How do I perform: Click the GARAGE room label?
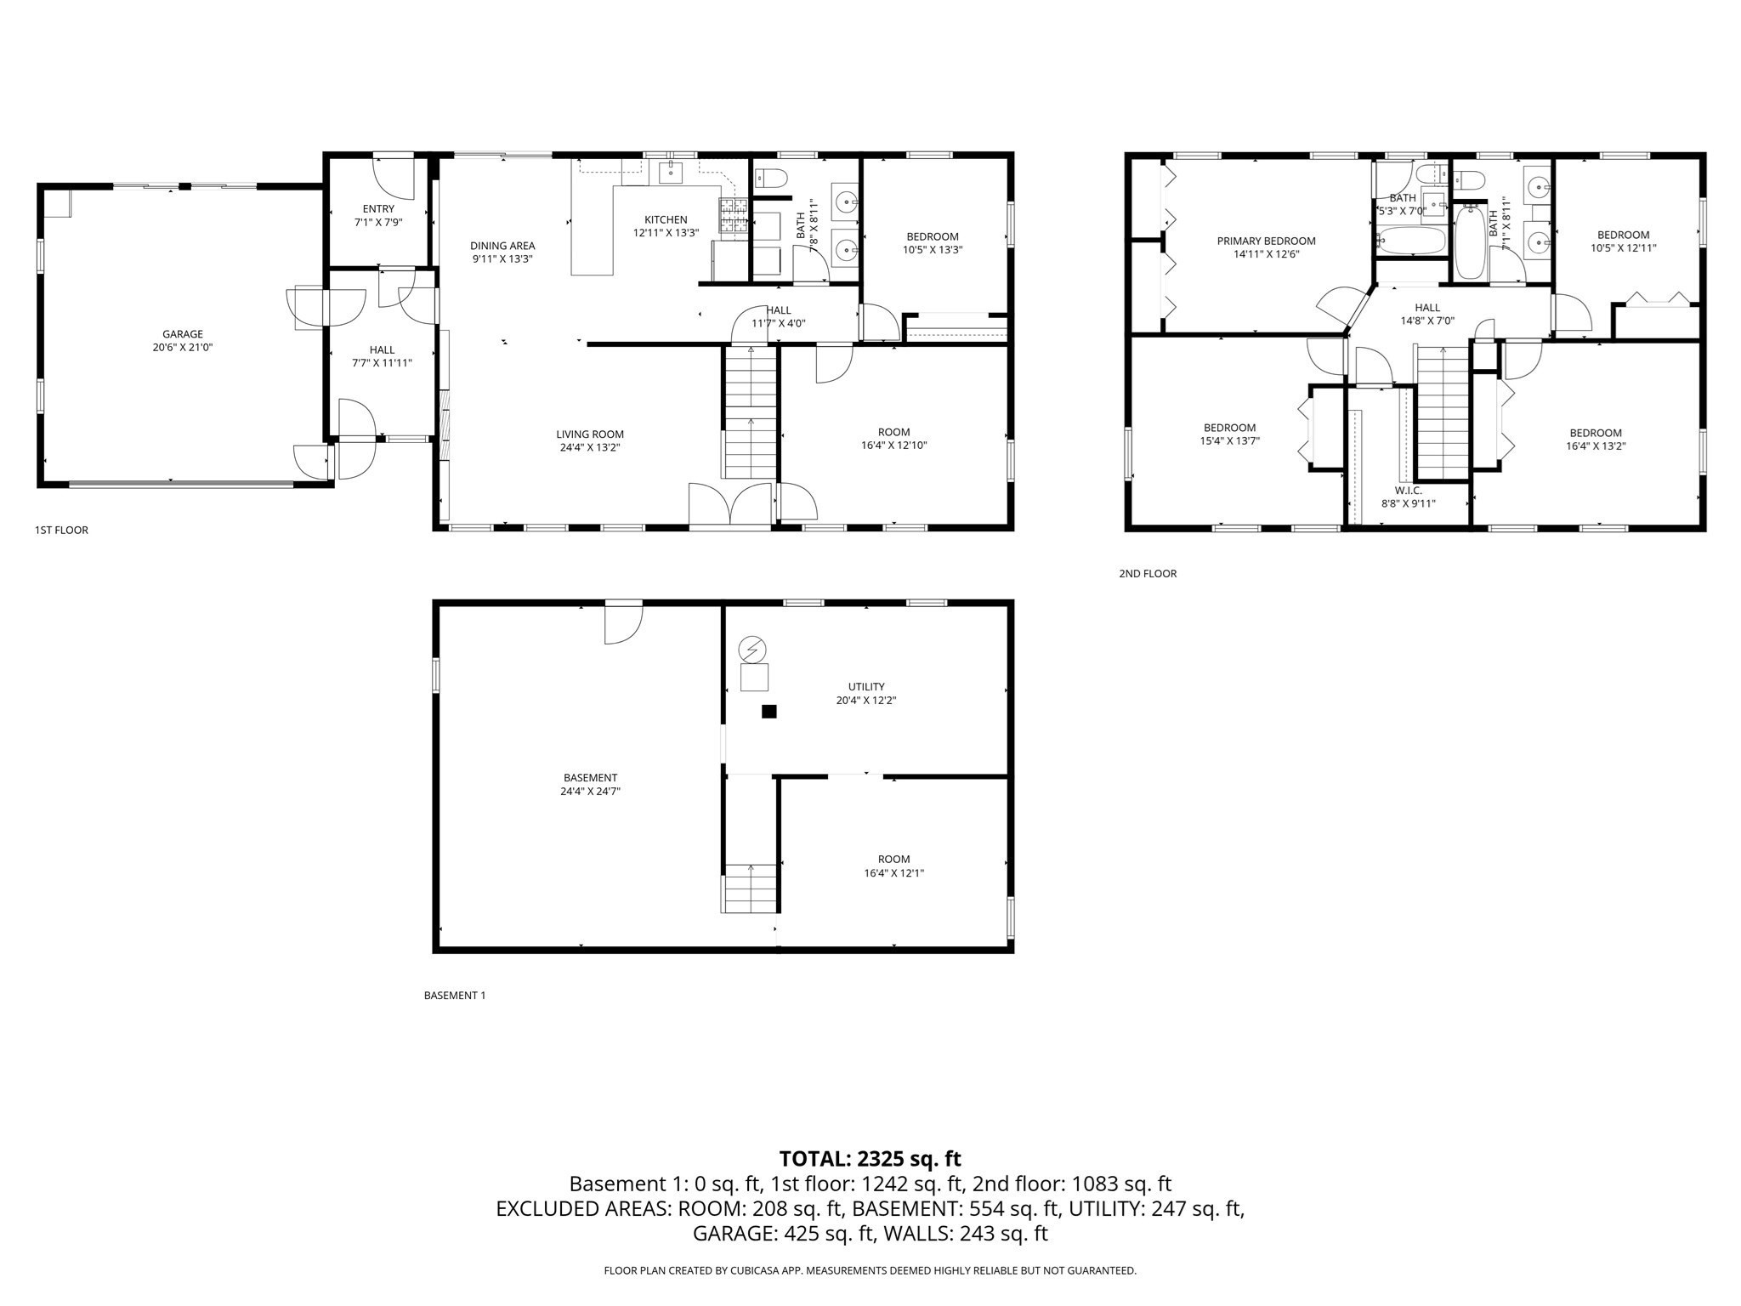[x=183, y=334]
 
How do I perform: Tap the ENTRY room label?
[x=378, y=209]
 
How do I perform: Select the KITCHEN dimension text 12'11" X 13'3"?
[x=666, y=233]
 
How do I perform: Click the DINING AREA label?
[x=502, y=246]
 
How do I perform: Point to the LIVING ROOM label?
[x=590, y=434]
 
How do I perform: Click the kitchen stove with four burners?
[x=734, y=215]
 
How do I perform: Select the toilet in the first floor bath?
[x=772, y=179]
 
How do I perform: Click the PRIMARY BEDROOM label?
[x=1266, y=241]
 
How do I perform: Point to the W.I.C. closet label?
[x=1408, y=491]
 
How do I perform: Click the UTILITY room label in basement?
[x=865, y=686]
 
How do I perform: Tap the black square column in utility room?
[x=768, y=712]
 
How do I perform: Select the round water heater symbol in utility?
[x=751, y=649]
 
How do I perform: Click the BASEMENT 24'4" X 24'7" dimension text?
[x=590, y=791]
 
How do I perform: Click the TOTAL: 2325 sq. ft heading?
[x=870, y=1158]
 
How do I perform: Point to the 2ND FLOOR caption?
[x=1148, y=574]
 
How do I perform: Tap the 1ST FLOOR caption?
[x=61, y=530]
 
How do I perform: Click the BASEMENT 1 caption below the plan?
[x=454, y=995]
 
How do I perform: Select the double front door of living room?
[x=730, y=505]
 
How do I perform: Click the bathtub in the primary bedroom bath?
[x=1411, y=241]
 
